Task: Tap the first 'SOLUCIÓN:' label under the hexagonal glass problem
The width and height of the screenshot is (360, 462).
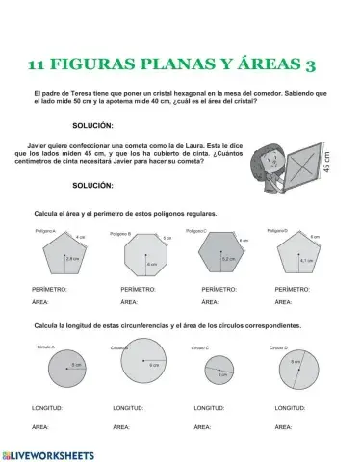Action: pos(92,126)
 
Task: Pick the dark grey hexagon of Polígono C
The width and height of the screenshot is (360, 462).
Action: pos(221,256)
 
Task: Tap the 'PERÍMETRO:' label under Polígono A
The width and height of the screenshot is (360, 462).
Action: pos(49,289)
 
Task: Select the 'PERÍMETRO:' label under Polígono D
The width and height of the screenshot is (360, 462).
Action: pos(293,289)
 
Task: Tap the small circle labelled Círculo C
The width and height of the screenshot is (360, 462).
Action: pos(219,369)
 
